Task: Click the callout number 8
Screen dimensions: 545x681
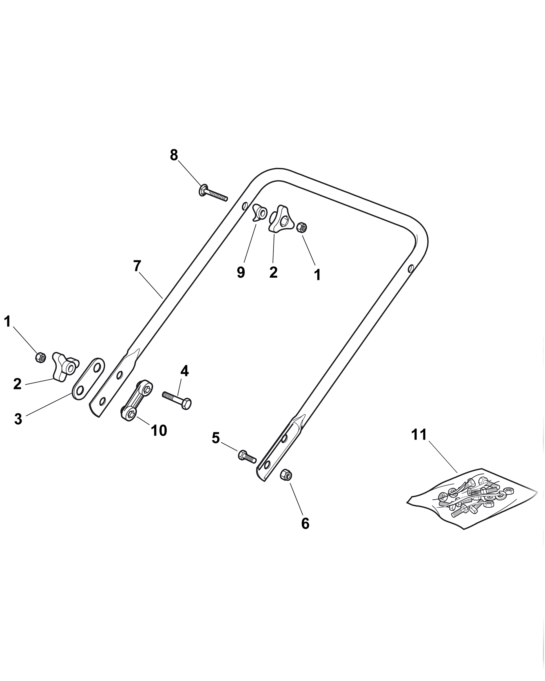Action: [x=174, y=155]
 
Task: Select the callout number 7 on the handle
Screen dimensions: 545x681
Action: [x=136, y=266]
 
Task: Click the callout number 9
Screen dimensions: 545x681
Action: [x=241, y=272]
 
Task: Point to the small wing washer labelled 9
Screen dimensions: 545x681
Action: [x=260, y=212]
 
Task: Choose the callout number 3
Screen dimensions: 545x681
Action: [x=18, y=419]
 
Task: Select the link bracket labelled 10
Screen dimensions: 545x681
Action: [x=137, y=400]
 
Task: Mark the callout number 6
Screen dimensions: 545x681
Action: [x=305, y=523]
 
